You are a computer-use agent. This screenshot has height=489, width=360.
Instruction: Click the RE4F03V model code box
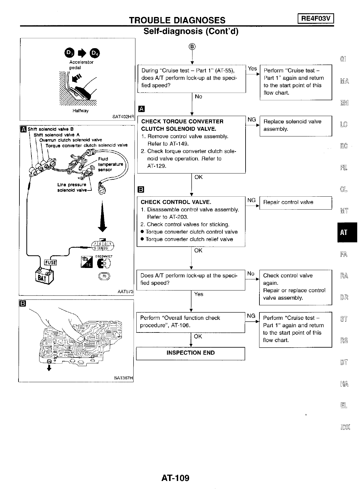(316, 19)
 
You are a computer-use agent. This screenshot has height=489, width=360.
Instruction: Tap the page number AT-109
(175, 478)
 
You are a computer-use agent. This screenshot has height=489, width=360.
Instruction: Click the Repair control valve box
(296, 203)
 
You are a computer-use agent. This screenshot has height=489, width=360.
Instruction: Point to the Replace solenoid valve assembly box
(296, 125)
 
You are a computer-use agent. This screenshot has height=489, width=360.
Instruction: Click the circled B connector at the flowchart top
(192, 47)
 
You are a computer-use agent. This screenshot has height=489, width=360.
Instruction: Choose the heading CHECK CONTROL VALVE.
(176, 202)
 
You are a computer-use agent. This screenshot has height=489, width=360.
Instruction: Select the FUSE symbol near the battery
(51, 262)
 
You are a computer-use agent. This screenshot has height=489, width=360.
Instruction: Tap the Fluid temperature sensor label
(110, 164)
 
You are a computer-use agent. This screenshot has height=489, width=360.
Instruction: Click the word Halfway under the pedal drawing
(81, 111)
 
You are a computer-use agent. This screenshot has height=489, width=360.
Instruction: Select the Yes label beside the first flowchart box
(252, 69)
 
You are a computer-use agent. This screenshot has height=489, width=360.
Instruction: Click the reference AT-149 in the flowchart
(177, 144)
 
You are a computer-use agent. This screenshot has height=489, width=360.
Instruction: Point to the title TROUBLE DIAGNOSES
(177, 20)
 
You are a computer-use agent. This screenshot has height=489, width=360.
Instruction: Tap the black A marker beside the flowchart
(141, 109)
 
